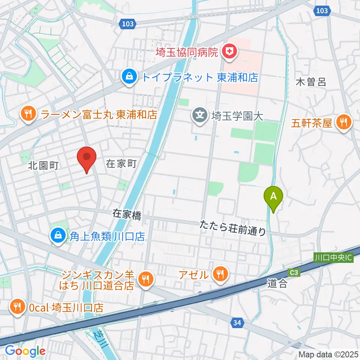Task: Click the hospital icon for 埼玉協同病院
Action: pyautogui.click(x=228, y=52)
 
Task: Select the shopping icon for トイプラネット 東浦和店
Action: pyautogui.click(x=129, y=77)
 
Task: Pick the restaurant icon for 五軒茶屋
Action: pyautogui.click(x=342, y=123)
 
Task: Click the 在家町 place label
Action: pyautogui.click(x=120, y=163)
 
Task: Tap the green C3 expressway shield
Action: pyautogui.click(x=294, y=273)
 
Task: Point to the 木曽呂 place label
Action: pyautogui.click(x=311, y=82)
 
